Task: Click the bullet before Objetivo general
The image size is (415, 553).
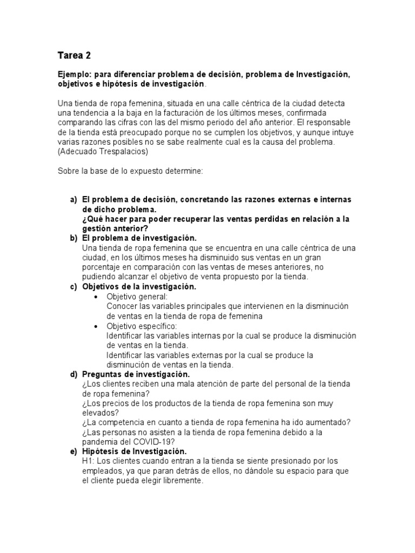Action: (x=96, y=297)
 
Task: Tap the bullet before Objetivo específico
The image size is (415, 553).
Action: (x=96, y=326)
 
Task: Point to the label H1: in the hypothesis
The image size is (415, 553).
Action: (x=89, y=461)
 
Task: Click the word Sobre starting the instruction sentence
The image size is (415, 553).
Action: (x=69, y=171)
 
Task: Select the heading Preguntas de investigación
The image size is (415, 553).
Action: (x=136, y=374)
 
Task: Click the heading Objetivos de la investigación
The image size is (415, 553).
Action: (x=139, y=287)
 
